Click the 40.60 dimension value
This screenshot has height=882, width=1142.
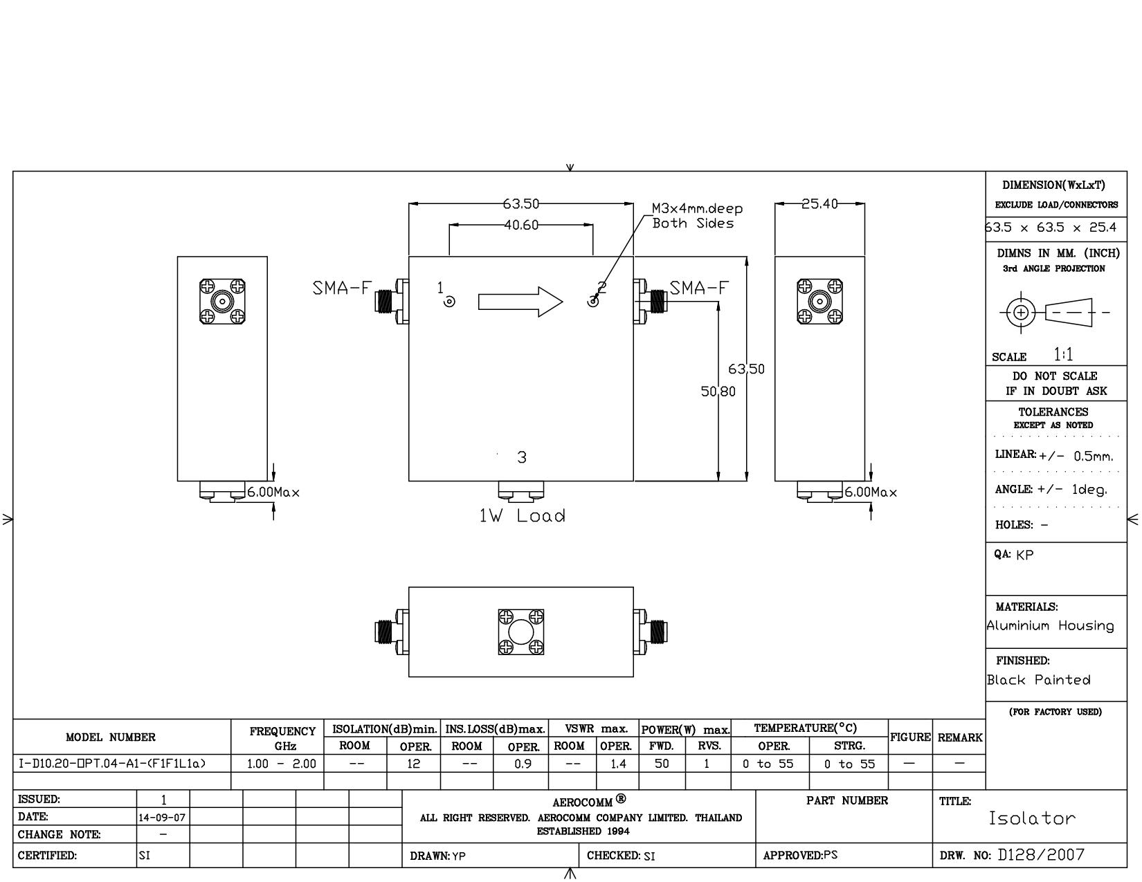pos(521,225)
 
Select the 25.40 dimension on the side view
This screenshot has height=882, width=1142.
pos(819,204)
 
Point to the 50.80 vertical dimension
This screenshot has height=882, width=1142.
pos(718,392)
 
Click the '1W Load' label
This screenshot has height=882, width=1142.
pos(523,516)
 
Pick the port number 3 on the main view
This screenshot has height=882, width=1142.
pos(522,457)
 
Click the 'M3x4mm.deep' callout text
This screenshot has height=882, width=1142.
pos(697,208)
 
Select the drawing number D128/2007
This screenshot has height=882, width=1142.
pos(1041,855)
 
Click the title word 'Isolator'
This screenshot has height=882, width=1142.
pos(1032,818)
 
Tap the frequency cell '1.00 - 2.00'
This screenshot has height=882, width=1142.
pos(282,764)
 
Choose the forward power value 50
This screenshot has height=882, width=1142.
pos(662,764)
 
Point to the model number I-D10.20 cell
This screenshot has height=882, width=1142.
pos(112,764)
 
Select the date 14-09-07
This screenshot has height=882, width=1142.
pos(162,817)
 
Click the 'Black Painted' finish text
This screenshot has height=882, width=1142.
pos(1038,680)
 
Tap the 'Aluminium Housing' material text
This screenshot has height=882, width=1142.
pos(1050,626)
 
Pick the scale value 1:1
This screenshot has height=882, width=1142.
pos(1064,355)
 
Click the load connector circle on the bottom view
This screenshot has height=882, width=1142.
pos(520,632)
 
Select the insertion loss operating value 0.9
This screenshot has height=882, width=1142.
pos(520,764)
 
